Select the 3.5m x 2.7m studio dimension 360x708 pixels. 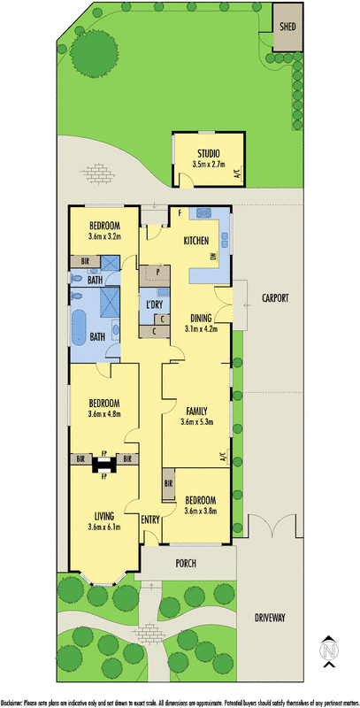tap(209, 165)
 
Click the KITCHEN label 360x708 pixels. tap(195, 241)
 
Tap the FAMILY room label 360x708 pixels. tap(196, 411)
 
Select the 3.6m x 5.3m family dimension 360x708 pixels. tap(196, 422)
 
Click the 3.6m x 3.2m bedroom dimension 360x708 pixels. tap(104, 236)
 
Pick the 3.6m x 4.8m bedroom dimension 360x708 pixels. tap(104, 413)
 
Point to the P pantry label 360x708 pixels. tap(157, 272)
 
